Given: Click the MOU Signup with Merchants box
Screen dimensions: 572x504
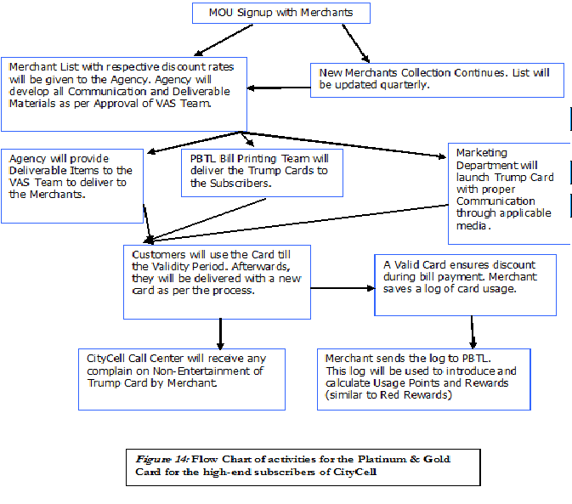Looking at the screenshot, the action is [281, 13].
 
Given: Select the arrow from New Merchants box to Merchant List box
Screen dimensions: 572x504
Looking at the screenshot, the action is [279, 88].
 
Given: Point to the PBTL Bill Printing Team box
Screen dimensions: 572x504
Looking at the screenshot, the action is [262, 173].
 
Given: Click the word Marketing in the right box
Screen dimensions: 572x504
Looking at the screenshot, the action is [482, 153].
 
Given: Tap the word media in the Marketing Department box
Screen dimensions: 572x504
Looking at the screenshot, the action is [471, 226].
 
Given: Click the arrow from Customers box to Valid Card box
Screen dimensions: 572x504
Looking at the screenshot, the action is [343, 288].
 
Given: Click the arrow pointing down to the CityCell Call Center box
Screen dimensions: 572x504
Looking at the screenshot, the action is [220, 334].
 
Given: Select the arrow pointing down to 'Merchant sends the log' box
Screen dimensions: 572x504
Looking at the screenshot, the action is [473, 332].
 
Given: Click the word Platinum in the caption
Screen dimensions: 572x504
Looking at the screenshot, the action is [382, 459].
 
